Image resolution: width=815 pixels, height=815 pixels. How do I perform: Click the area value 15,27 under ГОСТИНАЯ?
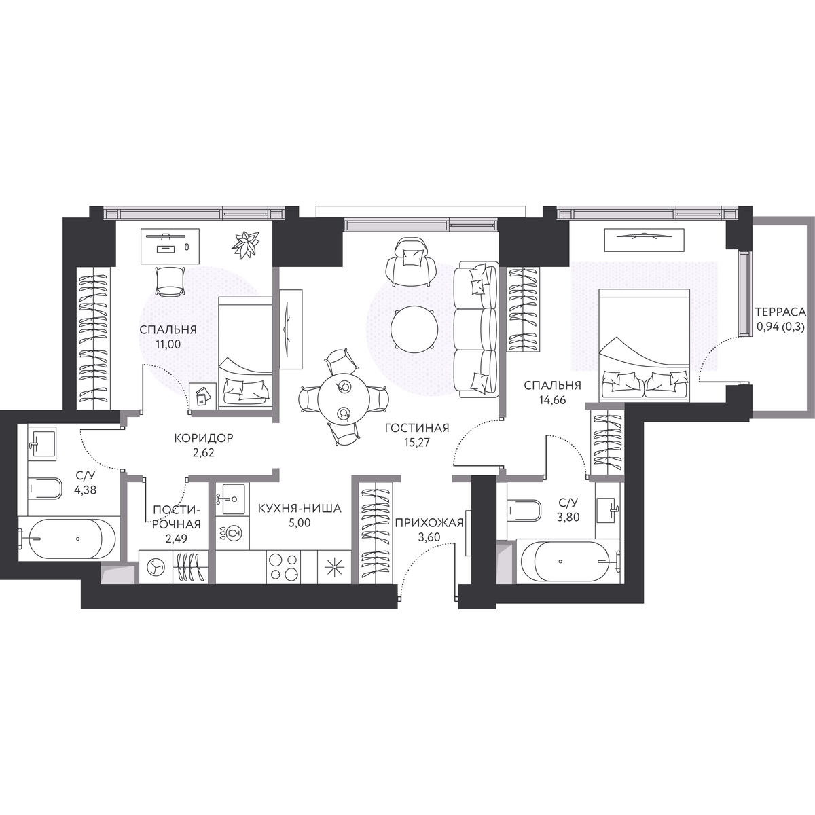tap(416, 442)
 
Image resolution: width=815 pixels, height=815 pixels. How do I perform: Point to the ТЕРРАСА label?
tap(781, 312)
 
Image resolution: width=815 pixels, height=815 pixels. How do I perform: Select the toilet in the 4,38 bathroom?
tap(45, 488)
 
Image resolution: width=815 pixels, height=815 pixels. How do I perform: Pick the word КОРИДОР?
tap(204, 438)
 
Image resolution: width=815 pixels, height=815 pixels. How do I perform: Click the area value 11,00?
tap(168, 344)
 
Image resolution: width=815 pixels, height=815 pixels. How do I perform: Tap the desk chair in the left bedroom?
tap(170, 280)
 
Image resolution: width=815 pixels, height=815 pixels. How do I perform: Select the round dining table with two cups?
tap(342, 398)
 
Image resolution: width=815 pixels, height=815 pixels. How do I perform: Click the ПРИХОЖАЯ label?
tap(429, 523)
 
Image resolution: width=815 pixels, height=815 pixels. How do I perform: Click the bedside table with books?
tap(203, 395)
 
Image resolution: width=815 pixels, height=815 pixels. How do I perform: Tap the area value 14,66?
tap(551, 399)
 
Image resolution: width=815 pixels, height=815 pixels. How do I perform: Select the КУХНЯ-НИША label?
tap(300, 508)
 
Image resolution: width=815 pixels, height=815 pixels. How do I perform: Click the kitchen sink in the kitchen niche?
tap(230, 499)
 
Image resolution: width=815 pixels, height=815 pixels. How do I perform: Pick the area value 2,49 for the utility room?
tap(176, 539)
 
